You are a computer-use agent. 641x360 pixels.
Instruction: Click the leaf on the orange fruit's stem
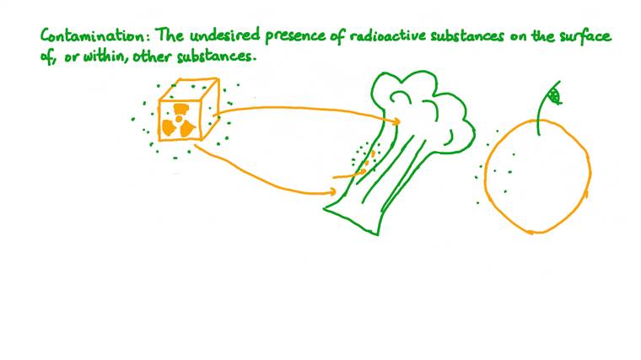click(553, 95)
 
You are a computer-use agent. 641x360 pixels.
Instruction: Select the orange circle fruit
click(537, 177)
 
